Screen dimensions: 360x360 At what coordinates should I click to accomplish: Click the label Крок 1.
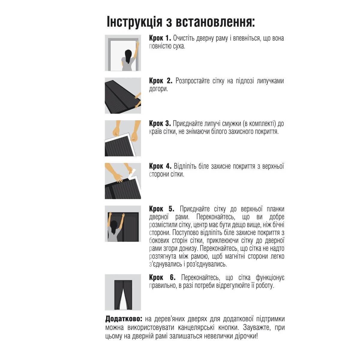pos(160,38)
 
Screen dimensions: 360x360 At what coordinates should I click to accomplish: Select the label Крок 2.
pos(160,81)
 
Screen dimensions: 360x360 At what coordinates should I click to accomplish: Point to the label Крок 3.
pos(160,124)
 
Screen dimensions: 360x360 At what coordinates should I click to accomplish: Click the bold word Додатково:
pos(124,319)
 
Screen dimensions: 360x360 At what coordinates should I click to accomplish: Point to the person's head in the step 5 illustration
pos(114,224)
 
